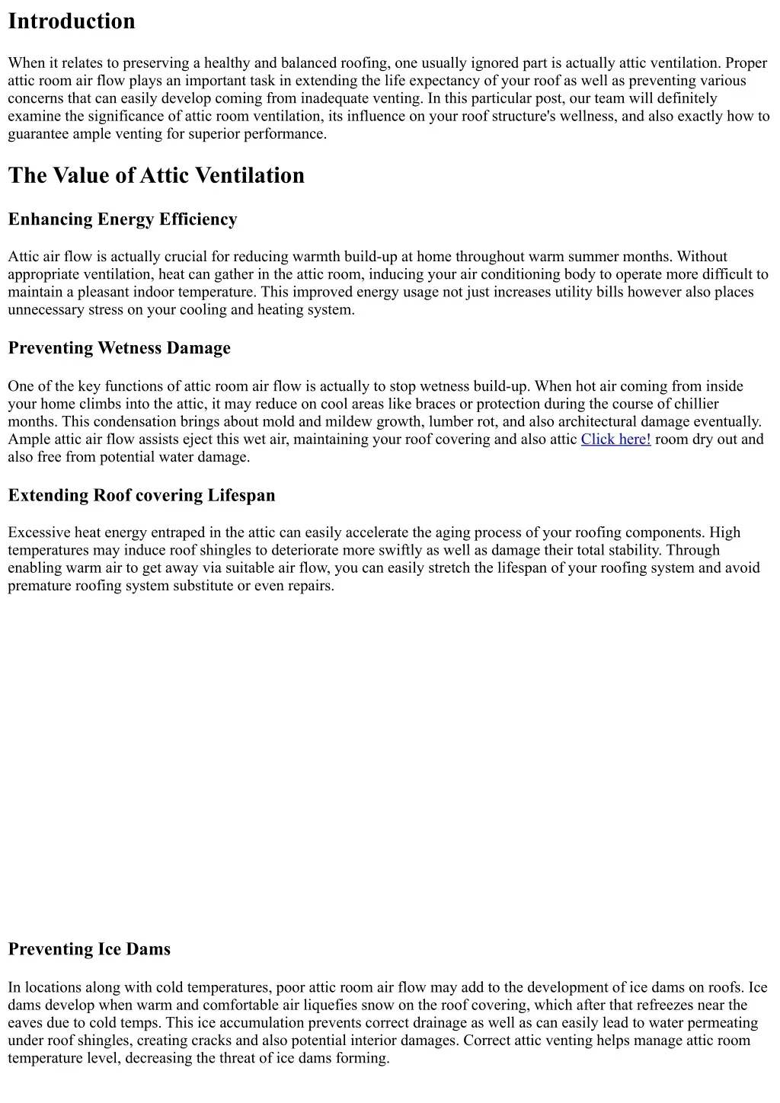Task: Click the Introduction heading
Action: (x=72, y=21)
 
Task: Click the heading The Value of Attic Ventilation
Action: (x=156, y=175)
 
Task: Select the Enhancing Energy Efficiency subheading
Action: (x=123, y=219)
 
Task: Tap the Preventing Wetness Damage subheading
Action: (x=119, y=348)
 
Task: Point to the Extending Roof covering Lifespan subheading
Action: (x=142, y=495)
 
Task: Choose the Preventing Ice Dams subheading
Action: (x=89, y=949)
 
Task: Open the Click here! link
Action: (x=615, y=439)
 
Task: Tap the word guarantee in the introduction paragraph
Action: (x=38, y=134)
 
